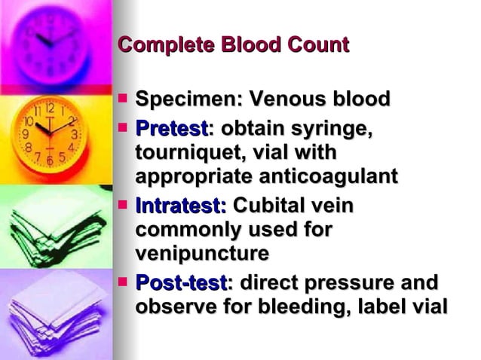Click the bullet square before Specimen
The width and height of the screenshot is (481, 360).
[x=124, y=98]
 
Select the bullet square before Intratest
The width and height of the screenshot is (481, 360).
[x=124, y=203]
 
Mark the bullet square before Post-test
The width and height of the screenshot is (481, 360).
[x=124, y=282]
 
